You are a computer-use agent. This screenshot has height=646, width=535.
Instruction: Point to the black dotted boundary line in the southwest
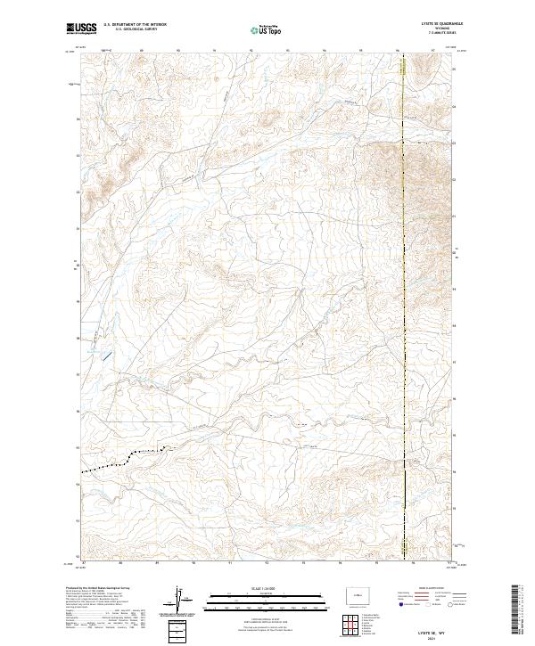coord(111,463)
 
